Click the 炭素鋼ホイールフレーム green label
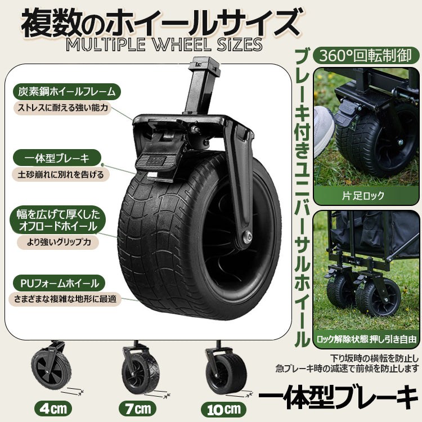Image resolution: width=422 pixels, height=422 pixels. (67, 92)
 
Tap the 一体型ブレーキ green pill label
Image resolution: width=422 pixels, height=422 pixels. (57, 158)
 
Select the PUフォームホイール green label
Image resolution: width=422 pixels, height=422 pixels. (59, 283)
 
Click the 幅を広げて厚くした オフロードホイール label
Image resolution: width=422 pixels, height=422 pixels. (58, 220)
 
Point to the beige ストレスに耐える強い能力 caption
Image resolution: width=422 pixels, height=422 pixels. (62, 108)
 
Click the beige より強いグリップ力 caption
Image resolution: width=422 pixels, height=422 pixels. (58, 243)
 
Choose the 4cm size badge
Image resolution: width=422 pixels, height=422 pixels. (53, 409)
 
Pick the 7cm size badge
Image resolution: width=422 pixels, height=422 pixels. (137, 409)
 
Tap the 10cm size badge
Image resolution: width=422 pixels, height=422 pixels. (223, 410)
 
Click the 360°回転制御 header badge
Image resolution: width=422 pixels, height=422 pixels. (366, 56)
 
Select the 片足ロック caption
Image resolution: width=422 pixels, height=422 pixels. (363, 196)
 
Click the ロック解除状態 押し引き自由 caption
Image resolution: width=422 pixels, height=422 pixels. (366, 339)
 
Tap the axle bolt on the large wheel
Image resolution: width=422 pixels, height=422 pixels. (246, 236)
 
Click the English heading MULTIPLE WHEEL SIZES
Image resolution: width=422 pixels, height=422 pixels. (164, 44)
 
